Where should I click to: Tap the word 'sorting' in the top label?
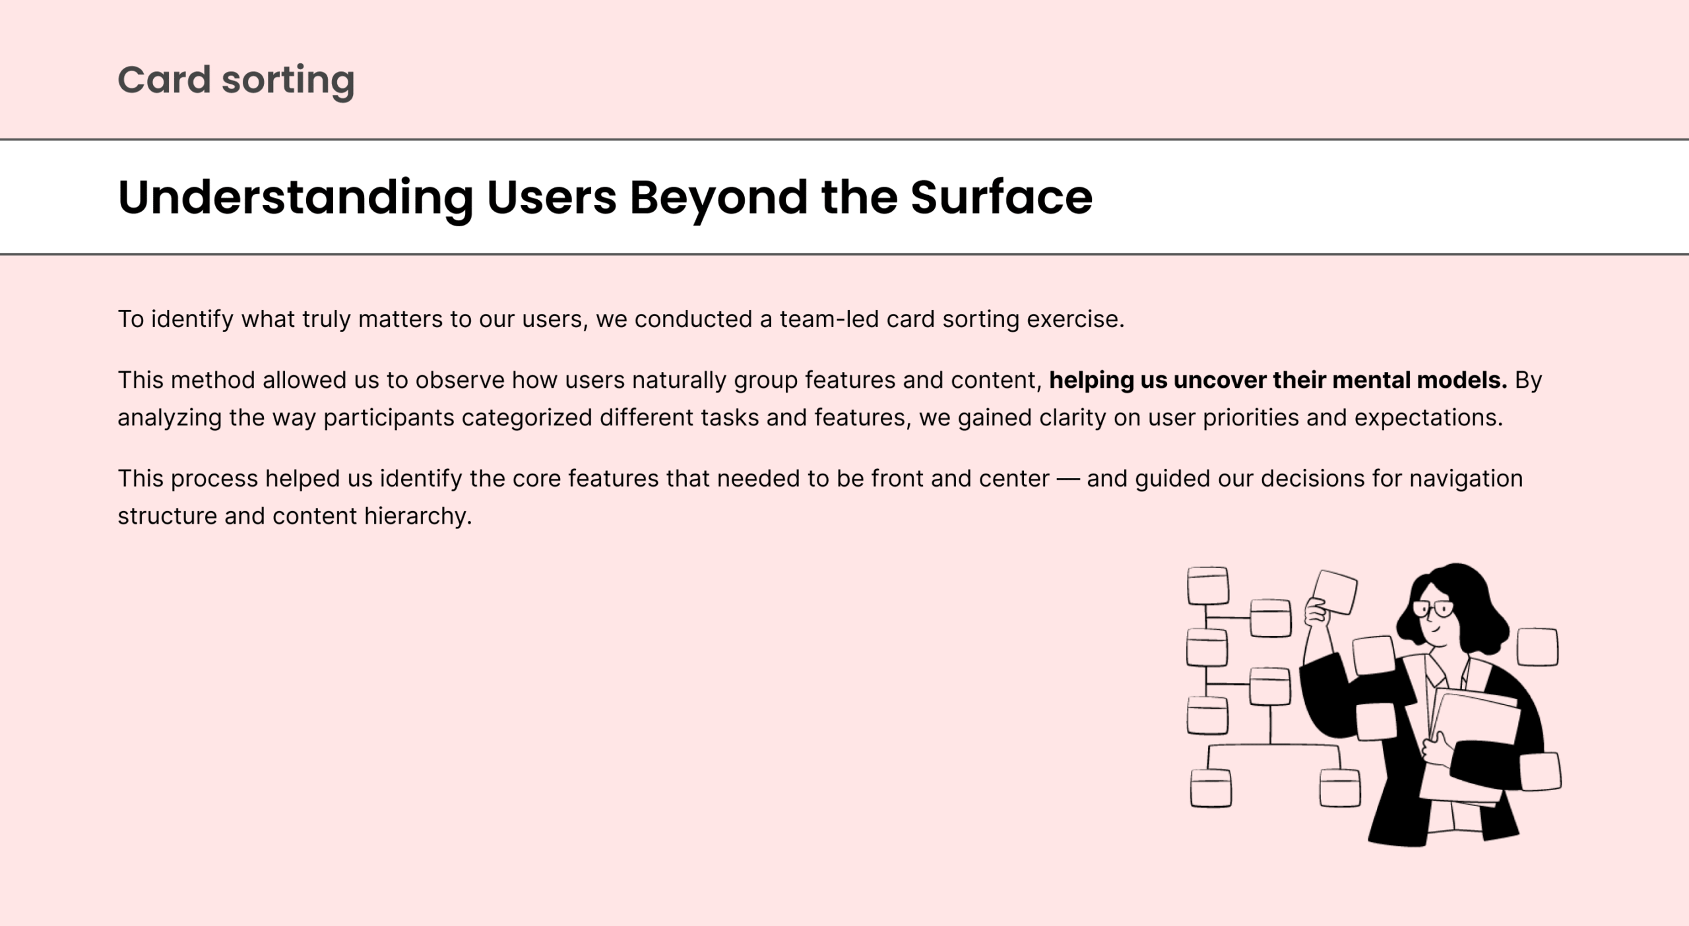(288, 82)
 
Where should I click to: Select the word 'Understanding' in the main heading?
(296, 198)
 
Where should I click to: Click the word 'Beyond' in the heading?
(718, 198)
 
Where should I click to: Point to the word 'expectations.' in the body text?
(1428, 418)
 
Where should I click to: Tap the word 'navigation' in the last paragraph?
(1466, 479)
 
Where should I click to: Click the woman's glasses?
(1432, 609)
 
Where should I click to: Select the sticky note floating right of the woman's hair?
(1537, 647)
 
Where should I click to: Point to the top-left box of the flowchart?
(1207, 586)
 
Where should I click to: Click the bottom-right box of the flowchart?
(1340, 787)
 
